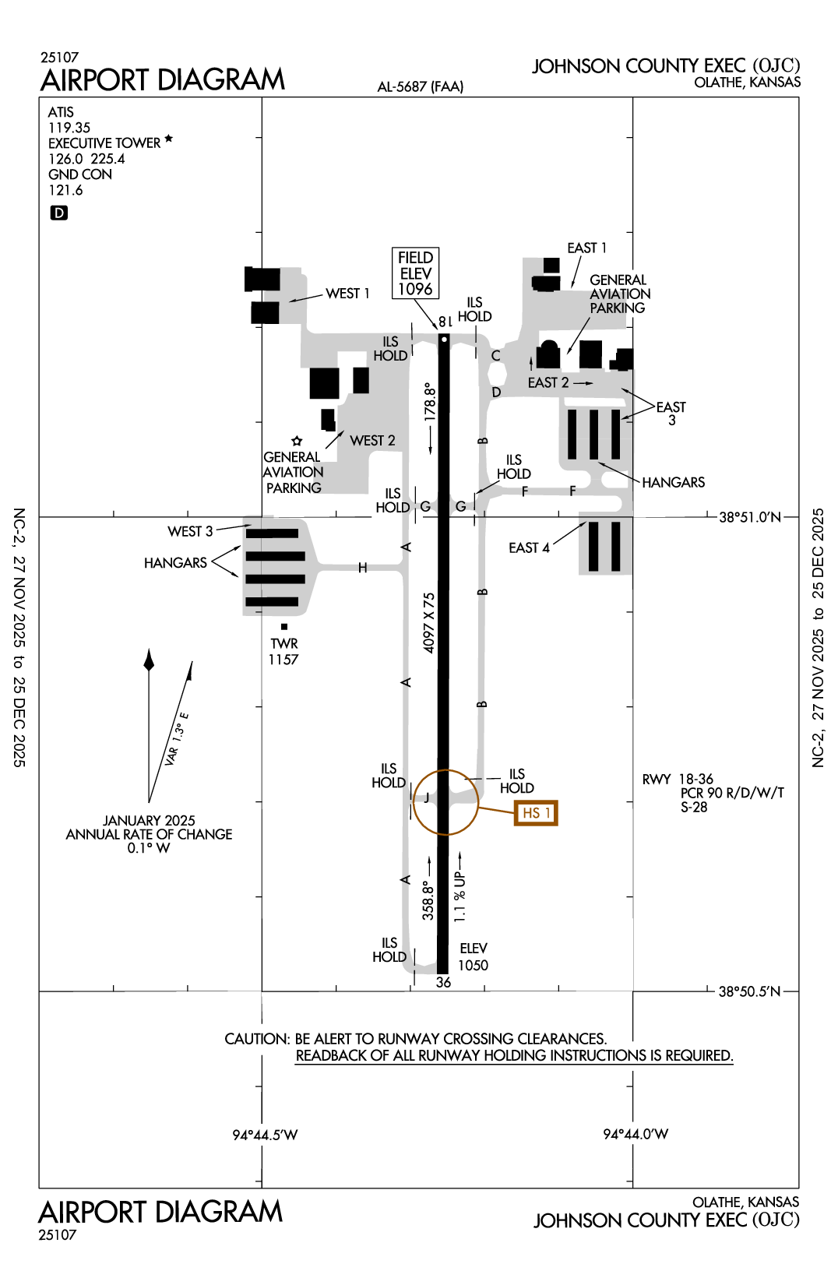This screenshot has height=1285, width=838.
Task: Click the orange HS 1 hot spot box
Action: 537,813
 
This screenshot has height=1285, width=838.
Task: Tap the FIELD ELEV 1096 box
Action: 415,273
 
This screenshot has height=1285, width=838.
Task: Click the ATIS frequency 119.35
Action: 69,128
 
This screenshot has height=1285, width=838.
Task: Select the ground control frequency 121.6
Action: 65,190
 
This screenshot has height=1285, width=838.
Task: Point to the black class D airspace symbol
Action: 59,213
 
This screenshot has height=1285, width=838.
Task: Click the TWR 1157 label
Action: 283,651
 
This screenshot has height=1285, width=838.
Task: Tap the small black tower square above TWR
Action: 284,627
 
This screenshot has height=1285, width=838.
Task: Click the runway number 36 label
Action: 443,982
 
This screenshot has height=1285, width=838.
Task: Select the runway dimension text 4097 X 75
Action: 429,622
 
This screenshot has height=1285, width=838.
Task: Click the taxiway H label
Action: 363,568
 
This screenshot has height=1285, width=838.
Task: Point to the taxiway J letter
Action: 427,797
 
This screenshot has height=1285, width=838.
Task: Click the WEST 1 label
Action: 347,294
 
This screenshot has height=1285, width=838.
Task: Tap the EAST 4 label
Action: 529,548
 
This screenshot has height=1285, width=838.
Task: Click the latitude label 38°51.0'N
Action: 749,517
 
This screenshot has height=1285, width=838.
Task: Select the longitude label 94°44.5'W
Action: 265,1135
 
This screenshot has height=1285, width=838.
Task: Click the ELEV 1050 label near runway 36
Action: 473,957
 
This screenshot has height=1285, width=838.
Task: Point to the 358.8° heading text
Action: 428,900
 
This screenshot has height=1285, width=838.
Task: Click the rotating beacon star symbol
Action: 297,442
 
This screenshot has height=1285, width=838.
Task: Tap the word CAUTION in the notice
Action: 257,1039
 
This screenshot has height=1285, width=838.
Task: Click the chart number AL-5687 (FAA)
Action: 420,86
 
